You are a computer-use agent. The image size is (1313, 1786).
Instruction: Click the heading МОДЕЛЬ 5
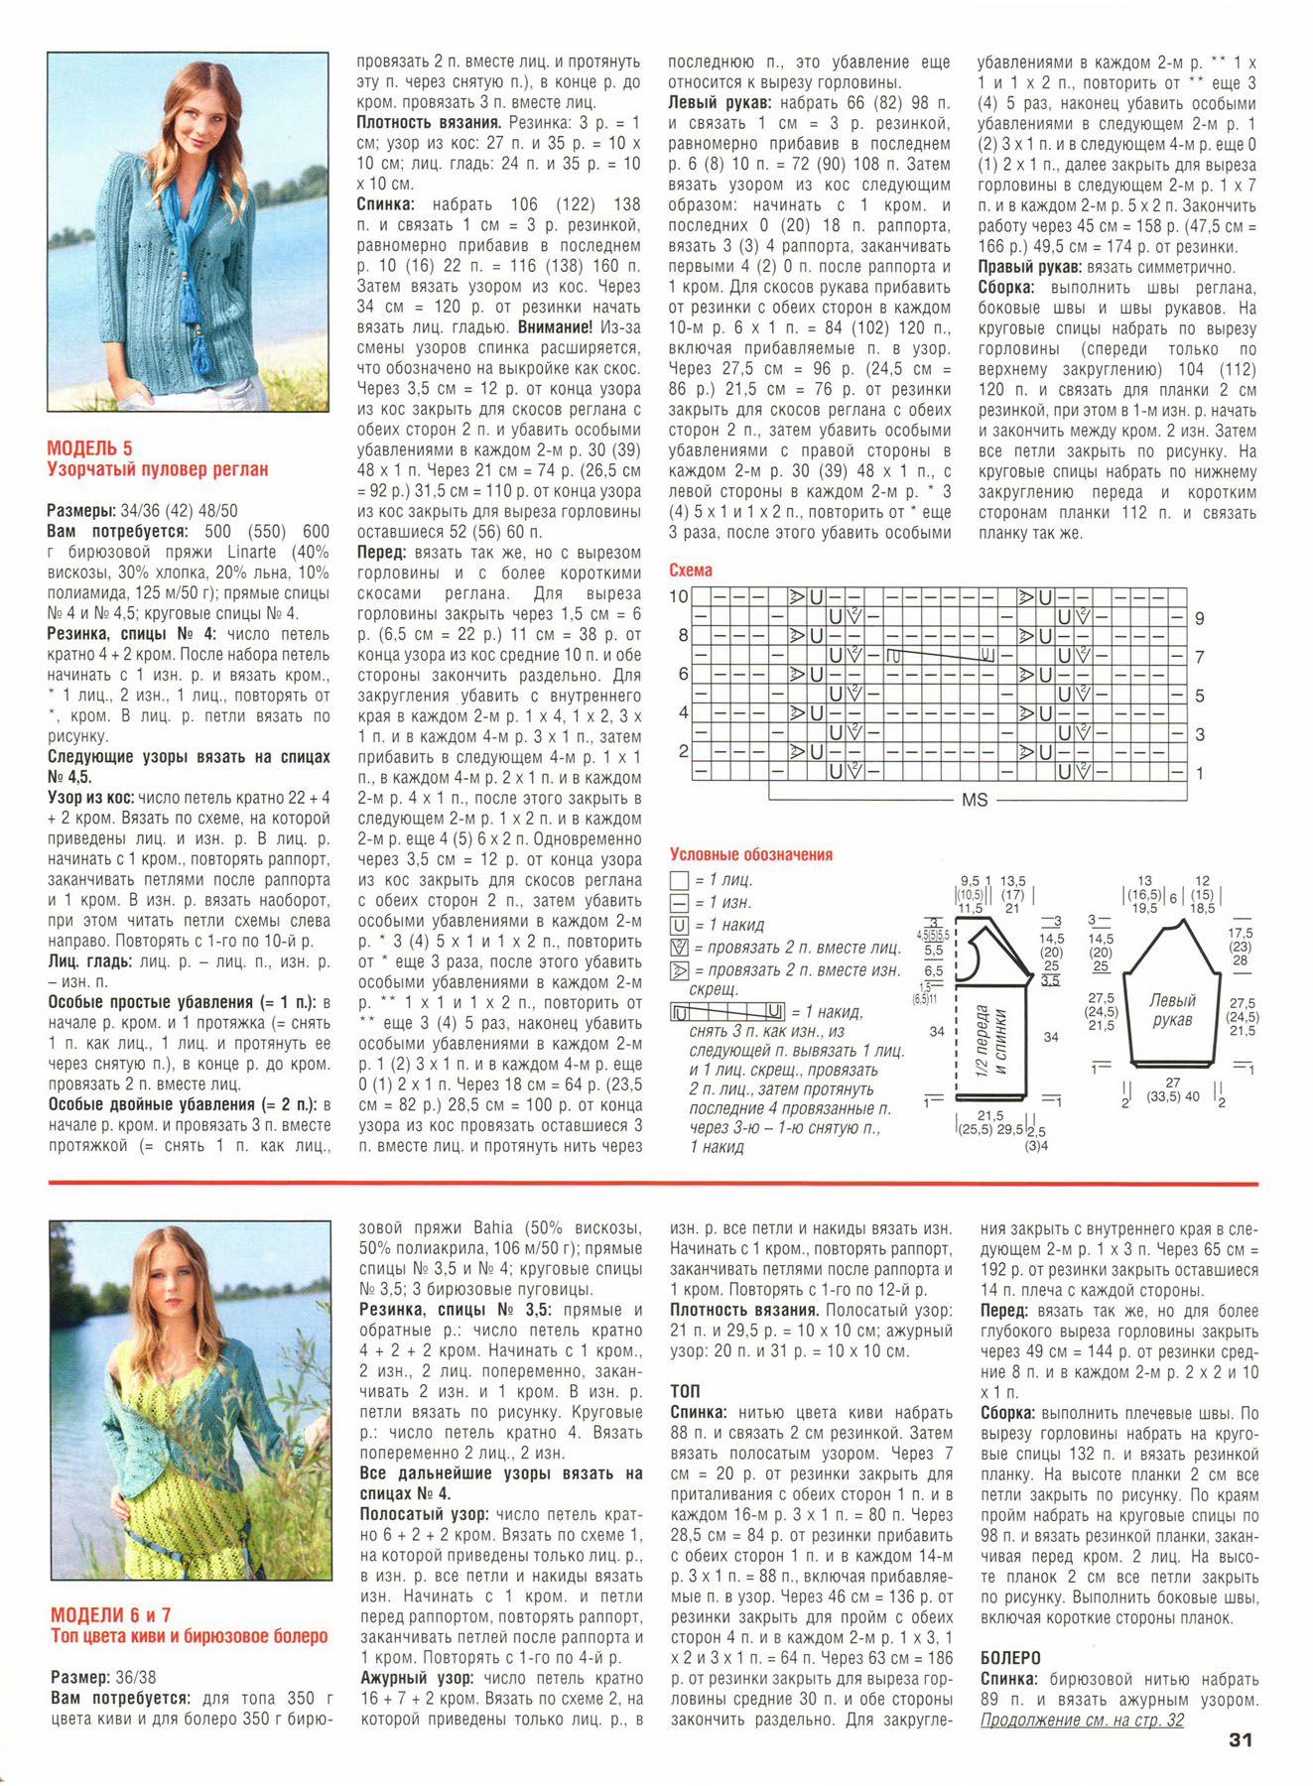[89, 448]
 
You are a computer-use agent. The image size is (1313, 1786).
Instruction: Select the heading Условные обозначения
[750, 854]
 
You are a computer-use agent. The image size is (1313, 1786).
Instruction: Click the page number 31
[1240, 1739]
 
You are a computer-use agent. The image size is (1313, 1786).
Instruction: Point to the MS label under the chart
[975, 800]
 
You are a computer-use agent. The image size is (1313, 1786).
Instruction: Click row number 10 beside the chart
[679, 597]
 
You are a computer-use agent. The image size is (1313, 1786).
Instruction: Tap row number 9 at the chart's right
[1200, 618]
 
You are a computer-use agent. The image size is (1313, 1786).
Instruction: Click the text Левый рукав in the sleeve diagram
[1172, 1010]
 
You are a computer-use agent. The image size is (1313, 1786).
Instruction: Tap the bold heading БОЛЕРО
[1010, 1658]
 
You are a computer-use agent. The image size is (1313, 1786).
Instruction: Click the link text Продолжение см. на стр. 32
[1082, 1721]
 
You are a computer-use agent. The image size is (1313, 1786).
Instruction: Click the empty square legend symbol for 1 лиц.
[680, 880]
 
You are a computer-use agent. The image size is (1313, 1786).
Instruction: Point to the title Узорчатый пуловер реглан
[157, 469]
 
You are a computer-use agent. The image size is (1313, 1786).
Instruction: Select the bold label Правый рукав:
[1029, 267]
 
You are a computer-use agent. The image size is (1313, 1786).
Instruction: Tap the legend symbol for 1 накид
[680, 926]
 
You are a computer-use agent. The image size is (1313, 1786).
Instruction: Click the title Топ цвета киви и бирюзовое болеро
[189, 1636]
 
